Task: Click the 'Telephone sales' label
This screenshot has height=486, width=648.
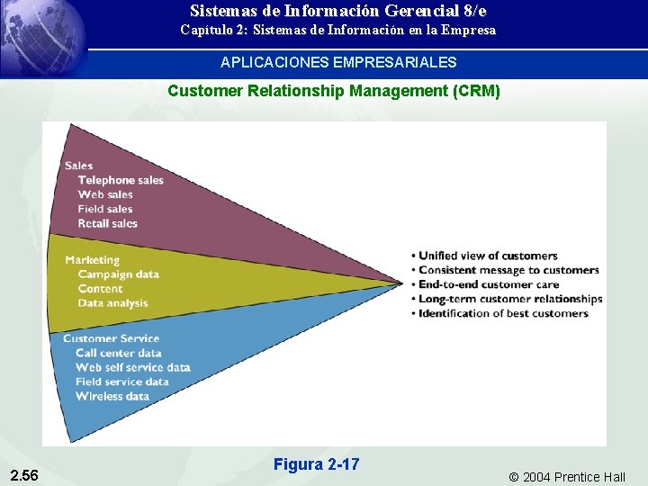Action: tap(121, 180)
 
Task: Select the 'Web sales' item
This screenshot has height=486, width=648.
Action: tap(105, 194)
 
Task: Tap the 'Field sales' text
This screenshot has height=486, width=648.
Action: tap(105, 209)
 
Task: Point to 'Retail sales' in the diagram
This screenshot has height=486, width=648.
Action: tap(107, 223)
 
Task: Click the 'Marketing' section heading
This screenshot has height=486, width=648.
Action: tap(92, 260)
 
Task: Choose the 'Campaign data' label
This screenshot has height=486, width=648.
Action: tap(118, 274)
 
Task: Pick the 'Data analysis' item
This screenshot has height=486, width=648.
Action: tap(112, 303)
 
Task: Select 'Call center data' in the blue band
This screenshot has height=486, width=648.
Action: tap(118, 353)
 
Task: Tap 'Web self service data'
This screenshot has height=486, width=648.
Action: tap(132, 367)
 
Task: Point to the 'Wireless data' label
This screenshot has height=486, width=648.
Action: tap(112, 396)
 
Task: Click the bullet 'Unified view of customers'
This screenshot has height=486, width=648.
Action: tap(488, 256)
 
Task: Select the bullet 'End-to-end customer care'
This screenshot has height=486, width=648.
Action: tap(489, 284)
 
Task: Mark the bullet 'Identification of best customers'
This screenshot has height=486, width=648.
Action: tap(503, 313)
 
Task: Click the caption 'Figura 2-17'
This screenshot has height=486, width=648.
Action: tap(316, 464)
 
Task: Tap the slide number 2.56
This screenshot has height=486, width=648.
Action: tap(24, 475)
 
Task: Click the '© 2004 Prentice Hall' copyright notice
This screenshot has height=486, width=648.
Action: tap(567, 477)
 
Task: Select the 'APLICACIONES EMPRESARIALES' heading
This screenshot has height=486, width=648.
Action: tap(338, 63)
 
